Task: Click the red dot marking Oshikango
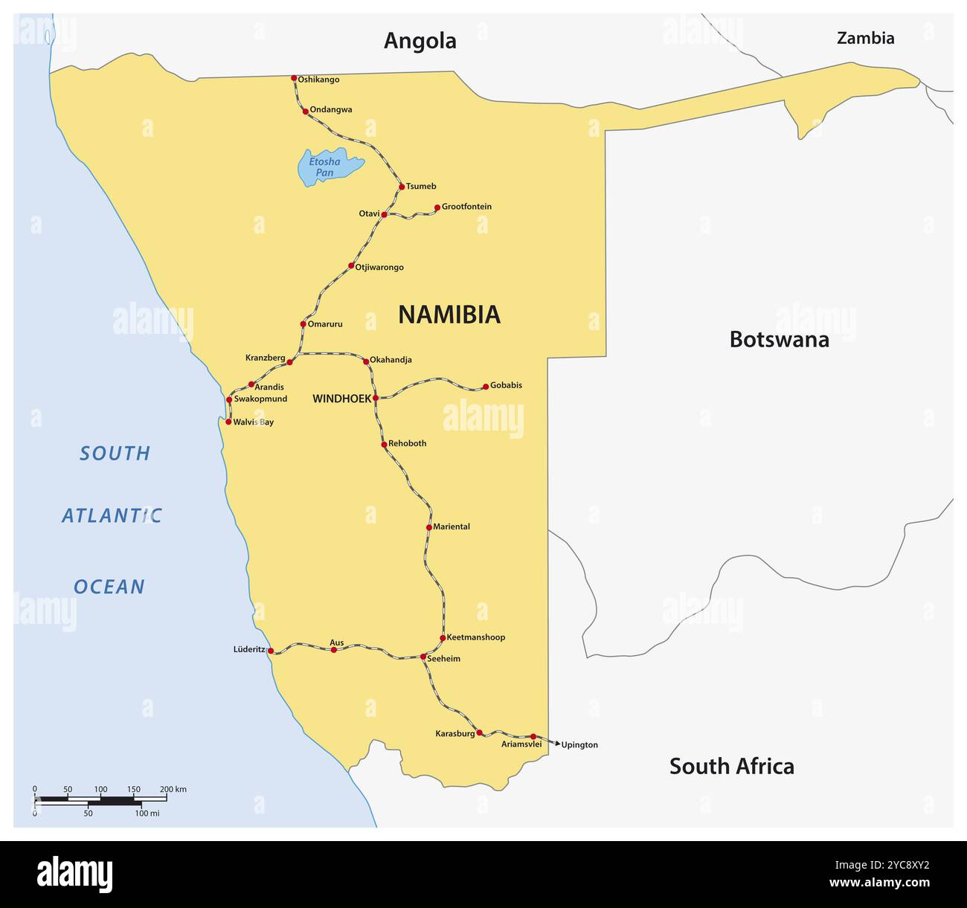294,78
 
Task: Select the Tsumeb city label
421,187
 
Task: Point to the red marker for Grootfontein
437,207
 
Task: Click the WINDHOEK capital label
341,399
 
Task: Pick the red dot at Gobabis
486,387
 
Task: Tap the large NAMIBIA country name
449,315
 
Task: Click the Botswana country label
779,339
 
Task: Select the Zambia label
865,38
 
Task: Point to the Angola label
420,41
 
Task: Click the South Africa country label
731,766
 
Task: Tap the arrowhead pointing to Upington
557,743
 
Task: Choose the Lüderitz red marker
271,651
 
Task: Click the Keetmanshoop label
475,637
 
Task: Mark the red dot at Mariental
429,527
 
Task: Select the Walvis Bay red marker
228,422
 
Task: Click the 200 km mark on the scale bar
166,799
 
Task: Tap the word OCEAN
109,587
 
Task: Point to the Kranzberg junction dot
290,362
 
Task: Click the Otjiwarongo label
379,268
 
